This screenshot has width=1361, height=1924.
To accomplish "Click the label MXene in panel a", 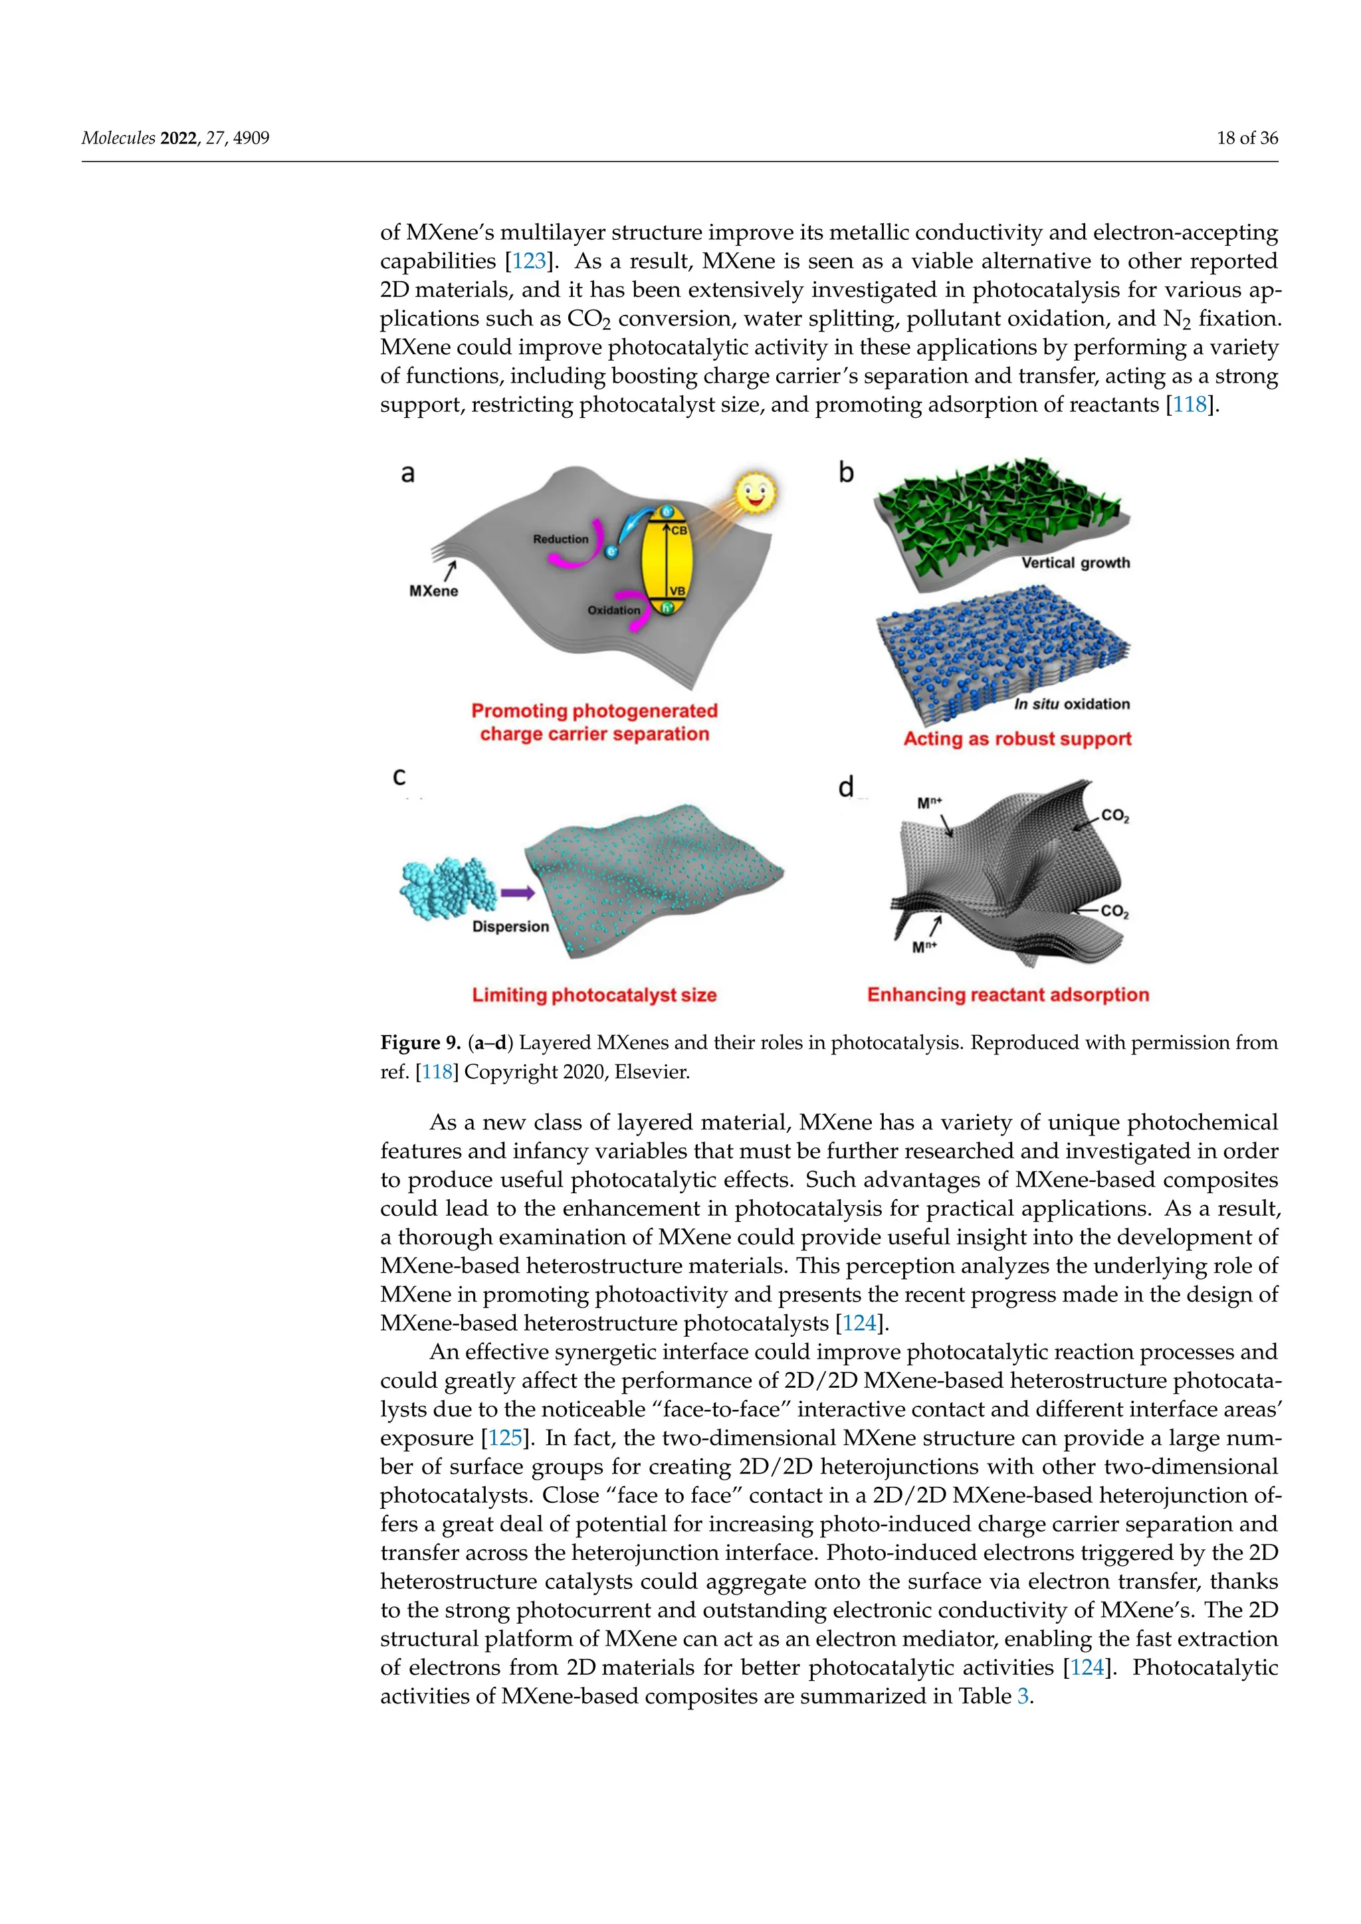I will coord(433,591).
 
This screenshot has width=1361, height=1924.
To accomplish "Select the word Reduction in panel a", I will coord(561,539).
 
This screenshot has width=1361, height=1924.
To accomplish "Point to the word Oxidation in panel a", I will coord(613,610).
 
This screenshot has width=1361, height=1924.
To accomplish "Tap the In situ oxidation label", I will coord(1072,704).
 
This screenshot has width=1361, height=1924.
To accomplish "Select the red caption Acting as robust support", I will coord(1017,739).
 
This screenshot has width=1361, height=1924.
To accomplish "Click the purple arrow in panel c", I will coord(518,894).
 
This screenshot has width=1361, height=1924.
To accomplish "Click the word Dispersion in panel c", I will coord(510,927).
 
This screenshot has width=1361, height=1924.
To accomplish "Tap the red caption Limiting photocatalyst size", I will coord(594,995).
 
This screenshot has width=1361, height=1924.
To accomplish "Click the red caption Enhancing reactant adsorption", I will coord(1008,995).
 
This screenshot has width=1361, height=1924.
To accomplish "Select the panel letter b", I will coord(847,474).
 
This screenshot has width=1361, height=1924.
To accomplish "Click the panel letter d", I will coord(845,787).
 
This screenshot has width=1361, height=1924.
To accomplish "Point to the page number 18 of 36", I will coord(1247,138).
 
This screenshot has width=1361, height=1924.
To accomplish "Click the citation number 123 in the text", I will coord(529,262).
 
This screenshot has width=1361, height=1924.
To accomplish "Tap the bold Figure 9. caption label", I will coord(421,1043).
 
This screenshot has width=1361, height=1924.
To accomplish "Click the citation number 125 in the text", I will coord(505,1438).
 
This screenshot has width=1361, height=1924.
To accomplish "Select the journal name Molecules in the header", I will coord(118,138).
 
